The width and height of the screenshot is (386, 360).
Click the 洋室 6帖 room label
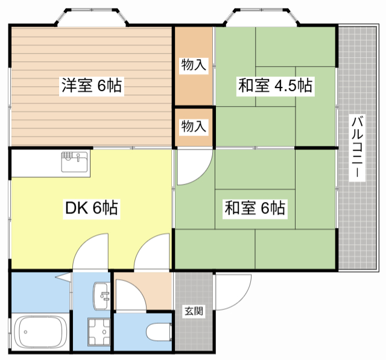[x=91, y=86]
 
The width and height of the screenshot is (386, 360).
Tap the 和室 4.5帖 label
[x=275, y=86]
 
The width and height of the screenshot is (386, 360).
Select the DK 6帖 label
[x=91, y=208]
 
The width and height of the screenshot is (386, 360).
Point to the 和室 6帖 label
[x=255, y=208]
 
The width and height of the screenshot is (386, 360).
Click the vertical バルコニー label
[x=357, y=148]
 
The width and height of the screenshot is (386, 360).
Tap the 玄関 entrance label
[x=194, y=311]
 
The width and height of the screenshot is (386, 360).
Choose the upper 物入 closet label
[x=194, y=65]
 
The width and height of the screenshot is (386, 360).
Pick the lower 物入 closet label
[x=194, y=126]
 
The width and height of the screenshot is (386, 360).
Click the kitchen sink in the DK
[x=74, y=162]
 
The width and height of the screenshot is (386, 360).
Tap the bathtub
[x=40, y=332]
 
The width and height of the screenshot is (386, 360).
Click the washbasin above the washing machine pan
[x=101, y=295]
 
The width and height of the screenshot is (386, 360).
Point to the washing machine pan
[x=99, y=332]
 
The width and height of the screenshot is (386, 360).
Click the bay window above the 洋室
[x=92, y=17]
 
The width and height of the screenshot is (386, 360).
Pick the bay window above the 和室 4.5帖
[x=262, y=17]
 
